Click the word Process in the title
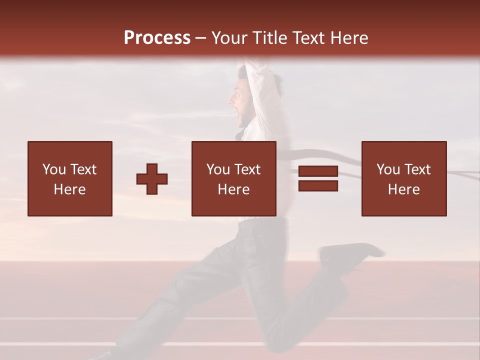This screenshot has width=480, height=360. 157,37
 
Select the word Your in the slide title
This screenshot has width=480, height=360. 228,38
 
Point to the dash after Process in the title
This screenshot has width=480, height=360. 200,38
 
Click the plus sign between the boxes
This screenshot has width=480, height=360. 152,178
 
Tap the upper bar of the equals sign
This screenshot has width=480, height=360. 318,171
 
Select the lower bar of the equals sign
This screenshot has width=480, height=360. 318,186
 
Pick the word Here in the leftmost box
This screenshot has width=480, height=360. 69,189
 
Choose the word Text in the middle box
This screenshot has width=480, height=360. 247,169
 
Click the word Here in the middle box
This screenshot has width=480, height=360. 233,189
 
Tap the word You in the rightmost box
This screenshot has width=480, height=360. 387,169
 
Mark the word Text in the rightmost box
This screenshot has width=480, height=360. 417,169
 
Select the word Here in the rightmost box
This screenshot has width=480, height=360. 403,189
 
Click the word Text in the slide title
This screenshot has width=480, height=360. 308,38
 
